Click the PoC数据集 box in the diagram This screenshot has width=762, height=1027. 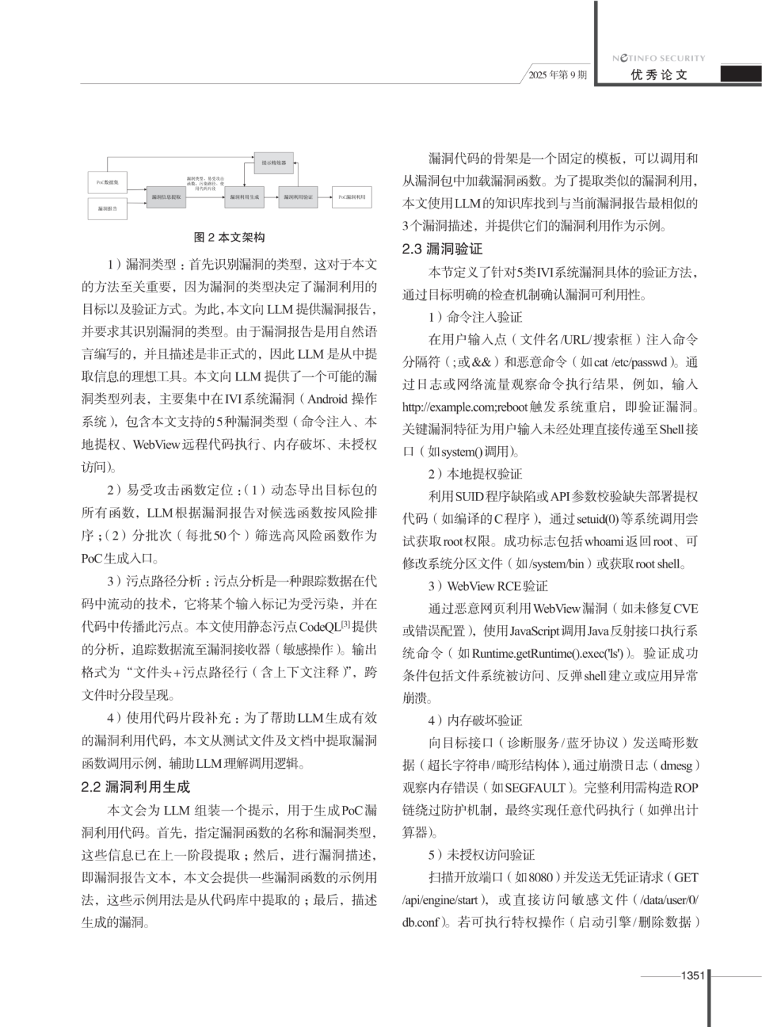click(107, 182)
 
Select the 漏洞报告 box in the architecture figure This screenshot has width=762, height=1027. click(107, 209)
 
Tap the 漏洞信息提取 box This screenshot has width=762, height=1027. click(166, 197)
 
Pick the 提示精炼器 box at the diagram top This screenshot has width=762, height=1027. click(274, 163)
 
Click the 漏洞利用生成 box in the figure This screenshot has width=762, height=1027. click(244, 197)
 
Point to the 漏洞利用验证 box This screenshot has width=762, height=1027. click(298, 197)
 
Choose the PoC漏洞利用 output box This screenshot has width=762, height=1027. click(351, 197)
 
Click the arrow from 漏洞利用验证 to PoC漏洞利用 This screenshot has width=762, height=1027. click(325, 197)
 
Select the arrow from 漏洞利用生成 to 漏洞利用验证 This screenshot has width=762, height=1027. click(272, 197)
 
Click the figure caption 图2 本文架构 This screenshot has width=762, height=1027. click(229, 237)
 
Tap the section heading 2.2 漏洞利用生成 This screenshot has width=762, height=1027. click(135, 786)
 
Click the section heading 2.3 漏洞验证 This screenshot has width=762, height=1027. click(442, 248)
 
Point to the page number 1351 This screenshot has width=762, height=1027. click(692, 975)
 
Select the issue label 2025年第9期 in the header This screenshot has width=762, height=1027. click(557, 75)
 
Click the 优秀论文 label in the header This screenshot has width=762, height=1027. click(659, 75)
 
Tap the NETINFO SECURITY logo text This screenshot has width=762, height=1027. click(658, 58)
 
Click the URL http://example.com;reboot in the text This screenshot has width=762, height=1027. click(465, 407)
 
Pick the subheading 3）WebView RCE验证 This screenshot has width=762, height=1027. click(488, 586)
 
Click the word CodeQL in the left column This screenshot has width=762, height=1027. click(319, 627)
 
